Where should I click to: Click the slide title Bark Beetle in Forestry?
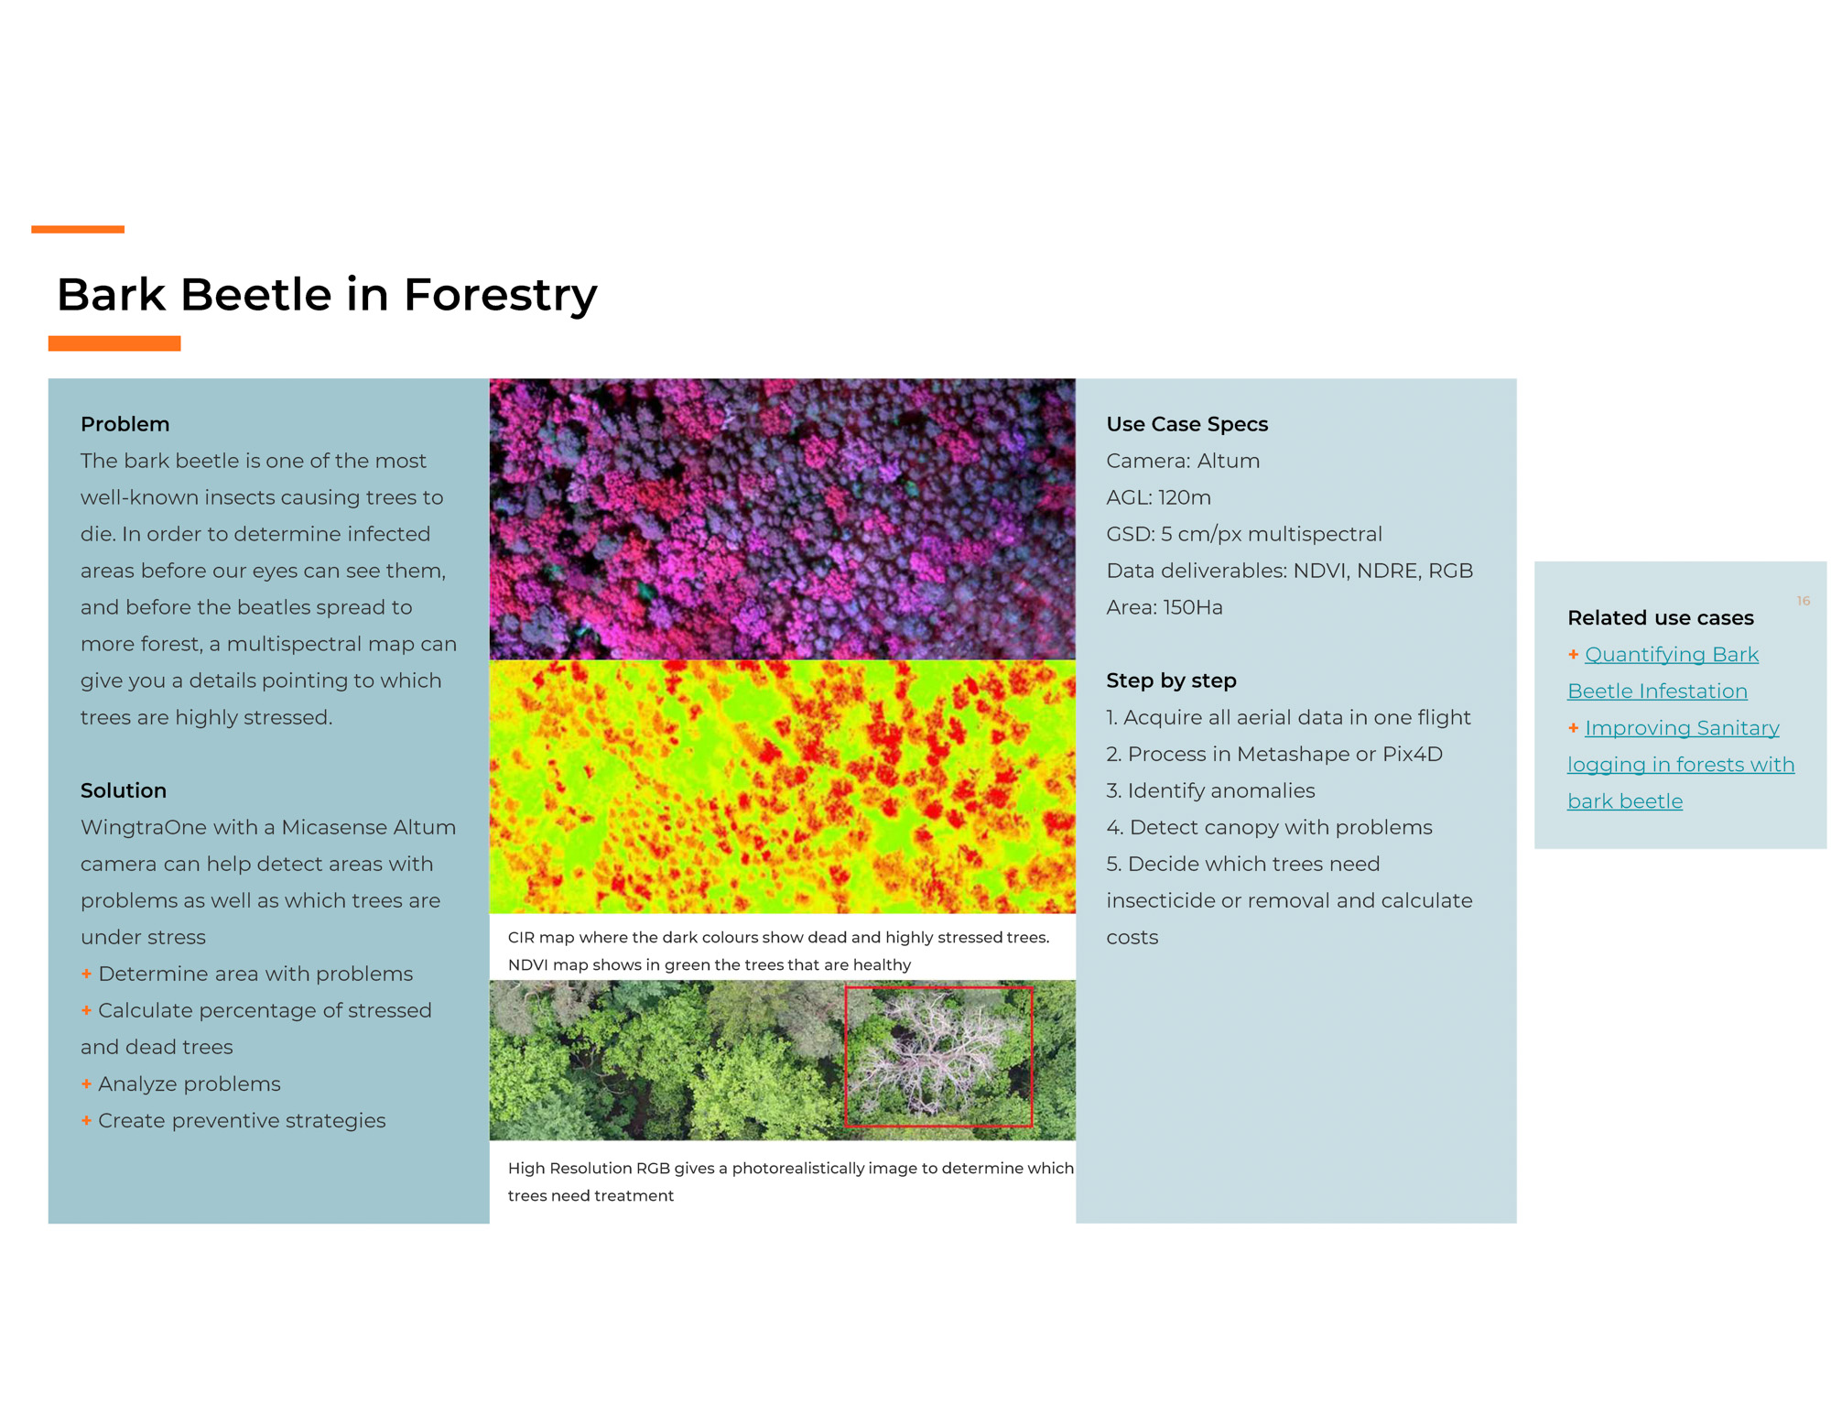[327, 295]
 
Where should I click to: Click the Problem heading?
[125, 424]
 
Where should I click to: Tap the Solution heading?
[124, 790]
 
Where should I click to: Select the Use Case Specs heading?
[1186, 424]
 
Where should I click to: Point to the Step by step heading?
[1171, 680]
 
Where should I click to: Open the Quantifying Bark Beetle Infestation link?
[1663, 673]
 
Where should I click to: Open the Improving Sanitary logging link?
[1681, 765]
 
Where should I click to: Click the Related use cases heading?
[1661, 618]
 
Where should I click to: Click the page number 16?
[1803, 601]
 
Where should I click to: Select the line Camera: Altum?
[1183, 461]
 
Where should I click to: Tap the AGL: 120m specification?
[1158, 497]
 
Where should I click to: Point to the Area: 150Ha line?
[1165, 607]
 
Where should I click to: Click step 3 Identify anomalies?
[1210, 790]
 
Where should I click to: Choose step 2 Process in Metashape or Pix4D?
[1274, 754]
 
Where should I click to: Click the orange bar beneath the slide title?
[114, 343]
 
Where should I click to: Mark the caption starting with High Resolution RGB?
[790, 1181]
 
